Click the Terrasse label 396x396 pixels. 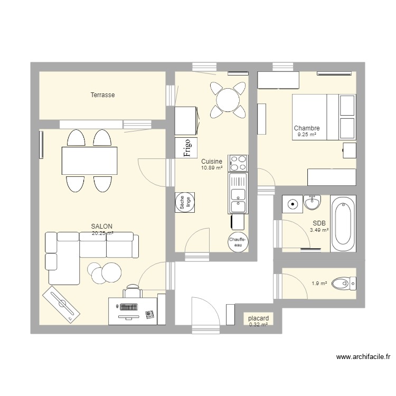(102, 95)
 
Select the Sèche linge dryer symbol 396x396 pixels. (185, 201)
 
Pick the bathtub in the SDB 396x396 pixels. (343, 224)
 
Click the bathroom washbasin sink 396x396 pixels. (312, 202)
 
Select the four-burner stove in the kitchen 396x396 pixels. (238, 163)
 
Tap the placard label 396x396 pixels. (258, 318)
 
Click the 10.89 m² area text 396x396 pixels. (211, 167)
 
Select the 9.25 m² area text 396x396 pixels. (306, 135)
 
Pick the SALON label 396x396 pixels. (101, 226)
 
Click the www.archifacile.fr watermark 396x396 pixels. (363, 357)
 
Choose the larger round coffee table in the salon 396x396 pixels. (111, 272)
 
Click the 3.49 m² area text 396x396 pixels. (319, 230)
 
